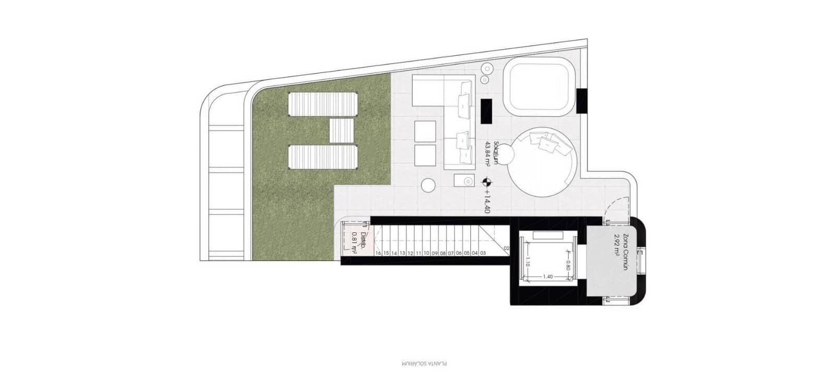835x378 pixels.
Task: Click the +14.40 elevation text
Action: point(487,201)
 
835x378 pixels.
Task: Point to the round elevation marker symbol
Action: point(486,182)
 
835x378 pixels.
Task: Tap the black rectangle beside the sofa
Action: point(487,112)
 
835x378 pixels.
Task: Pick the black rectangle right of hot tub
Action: point(582,100)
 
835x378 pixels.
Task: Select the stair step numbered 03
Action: point(483,253)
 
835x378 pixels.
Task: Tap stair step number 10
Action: point(426,253)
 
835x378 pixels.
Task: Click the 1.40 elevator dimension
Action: point(547,277)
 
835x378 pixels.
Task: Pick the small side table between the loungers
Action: point(342,130)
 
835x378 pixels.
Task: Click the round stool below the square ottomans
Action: point(428,185)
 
